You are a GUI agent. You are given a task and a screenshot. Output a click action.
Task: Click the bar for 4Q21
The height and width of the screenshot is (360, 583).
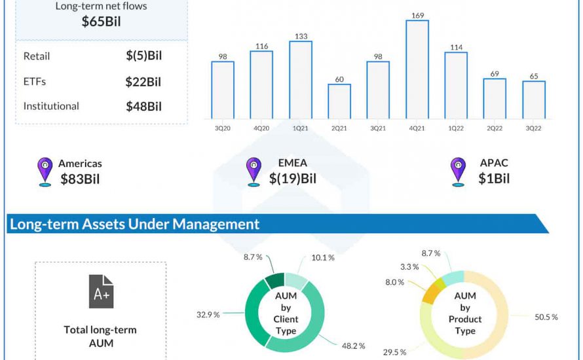(x=417, y=69)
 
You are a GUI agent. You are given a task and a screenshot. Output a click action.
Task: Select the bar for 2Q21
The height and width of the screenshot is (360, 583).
(x=339, y=101)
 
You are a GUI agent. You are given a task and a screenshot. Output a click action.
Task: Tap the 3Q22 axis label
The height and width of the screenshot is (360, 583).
(x=533, y=129)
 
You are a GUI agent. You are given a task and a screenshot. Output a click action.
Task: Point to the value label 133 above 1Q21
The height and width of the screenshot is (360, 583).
(x=300, y=35)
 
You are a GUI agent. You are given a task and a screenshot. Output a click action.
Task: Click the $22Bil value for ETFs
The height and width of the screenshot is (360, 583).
(x=143, y=82)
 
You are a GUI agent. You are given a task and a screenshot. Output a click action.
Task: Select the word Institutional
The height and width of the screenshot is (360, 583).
(x=51, y=106)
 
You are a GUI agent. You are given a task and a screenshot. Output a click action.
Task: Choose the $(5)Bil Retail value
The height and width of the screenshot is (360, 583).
(x=143, y=56)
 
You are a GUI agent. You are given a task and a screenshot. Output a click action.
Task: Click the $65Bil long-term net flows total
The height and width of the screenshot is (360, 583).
(x=101, y=22)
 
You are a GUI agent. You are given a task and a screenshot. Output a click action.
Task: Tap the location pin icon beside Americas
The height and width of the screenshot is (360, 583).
(x=45, y=171)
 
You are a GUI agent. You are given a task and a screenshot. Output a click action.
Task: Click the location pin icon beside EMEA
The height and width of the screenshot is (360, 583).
(x=253, y=171)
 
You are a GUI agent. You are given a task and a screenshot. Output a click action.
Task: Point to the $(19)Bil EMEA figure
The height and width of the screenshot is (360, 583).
(x=293, y=178)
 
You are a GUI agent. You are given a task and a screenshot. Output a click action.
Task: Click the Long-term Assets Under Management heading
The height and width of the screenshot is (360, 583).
(x=134, y=225)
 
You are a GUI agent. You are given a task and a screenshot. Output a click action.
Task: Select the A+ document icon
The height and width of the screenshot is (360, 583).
(x=101, y=292)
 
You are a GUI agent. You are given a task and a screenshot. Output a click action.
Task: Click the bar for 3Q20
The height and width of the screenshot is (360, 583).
(x=223, y=90)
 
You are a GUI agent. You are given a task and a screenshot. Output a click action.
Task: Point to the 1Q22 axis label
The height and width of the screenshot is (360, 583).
(x=455, y=129)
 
